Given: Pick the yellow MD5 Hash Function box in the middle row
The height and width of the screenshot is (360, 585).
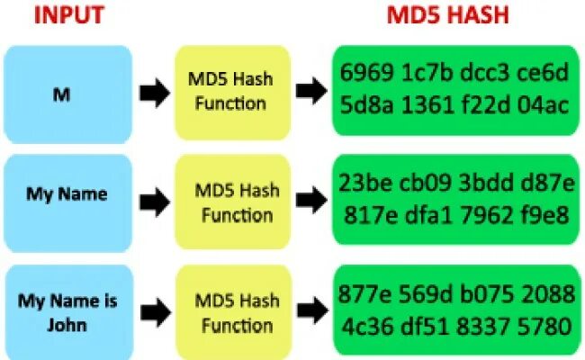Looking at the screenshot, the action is tap(237, 202).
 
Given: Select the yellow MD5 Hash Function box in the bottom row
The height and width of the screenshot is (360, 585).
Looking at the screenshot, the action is tap(237, 310).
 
